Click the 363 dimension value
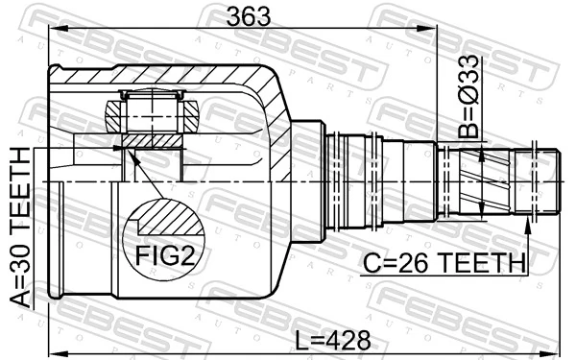[249, 17]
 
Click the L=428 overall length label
[333, 340]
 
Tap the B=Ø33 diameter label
[468, 97]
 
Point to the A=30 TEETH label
[20, 227]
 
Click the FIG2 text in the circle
[164, 255]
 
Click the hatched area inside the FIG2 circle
[171, 218]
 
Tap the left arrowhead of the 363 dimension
[58, 29]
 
